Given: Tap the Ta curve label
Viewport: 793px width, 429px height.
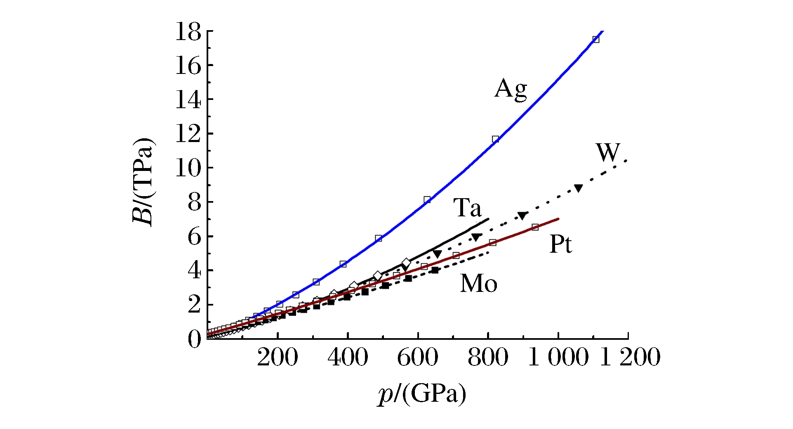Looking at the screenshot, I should tap(467, 208).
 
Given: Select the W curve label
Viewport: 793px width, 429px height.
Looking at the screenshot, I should tap(608, 153).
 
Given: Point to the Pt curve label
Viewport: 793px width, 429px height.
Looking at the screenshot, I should tap(560, 244).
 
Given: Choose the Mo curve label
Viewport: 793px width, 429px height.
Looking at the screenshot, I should tap(478, 284).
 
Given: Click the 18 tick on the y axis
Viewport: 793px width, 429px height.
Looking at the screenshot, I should tap(188, 32).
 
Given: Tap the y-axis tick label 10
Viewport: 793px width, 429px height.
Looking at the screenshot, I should tap(188, 168).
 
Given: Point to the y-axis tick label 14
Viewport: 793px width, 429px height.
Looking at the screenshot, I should tap(188, 100).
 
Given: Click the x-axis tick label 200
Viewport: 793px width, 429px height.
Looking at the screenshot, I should tap(277, 358).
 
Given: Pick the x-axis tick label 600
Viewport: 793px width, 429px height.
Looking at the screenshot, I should tap(417, 358).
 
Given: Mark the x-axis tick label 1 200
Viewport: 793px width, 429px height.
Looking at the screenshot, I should tap(630, 358).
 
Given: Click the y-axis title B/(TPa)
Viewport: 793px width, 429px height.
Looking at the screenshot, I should tap(143, 182).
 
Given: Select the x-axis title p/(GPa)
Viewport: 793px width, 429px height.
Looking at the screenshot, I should tap(422, 394).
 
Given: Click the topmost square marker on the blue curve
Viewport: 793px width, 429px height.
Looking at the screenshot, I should tap(595, 39).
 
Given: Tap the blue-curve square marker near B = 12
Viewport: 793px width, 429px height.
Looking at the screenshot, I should tap(495, 139).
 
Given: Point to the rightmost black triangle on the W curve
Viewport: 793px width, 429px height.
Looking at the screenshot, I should tap(579, 188).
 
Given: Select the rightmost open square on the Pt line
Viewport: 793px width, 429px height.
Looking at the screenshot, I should tap(535, 227).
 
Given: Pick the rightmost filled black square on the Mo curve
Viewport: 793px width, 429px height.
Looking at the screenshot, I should tap(435, 270).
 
